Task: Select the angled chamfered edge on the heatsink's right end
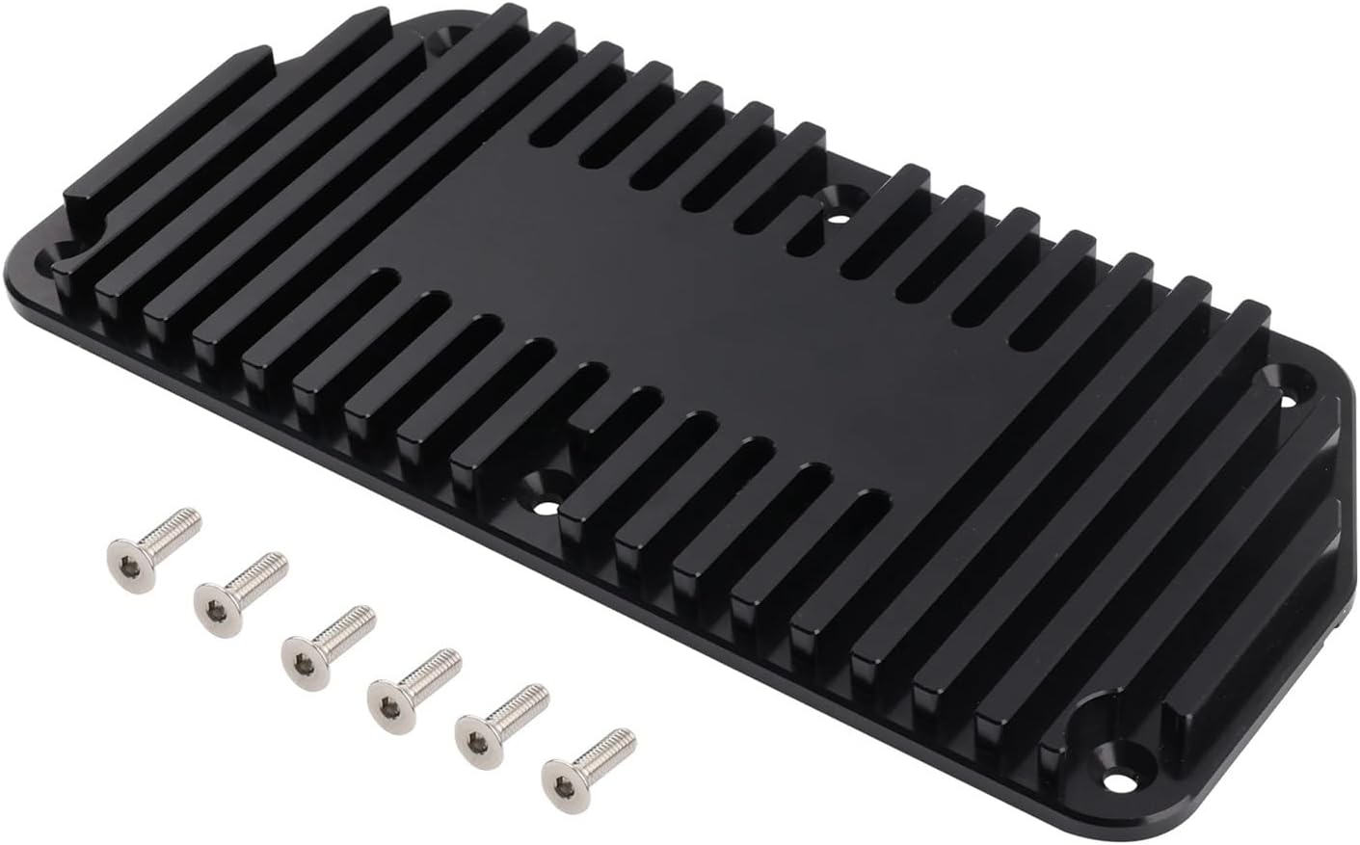click(1335, 501)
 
